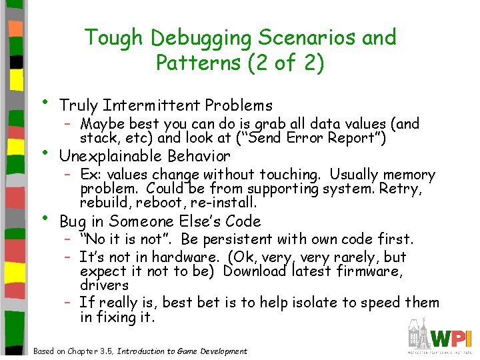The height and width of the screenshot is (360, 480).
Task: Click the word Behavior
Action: [198, 157]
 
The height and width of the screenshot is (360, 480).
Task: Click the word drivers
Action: [104, 285]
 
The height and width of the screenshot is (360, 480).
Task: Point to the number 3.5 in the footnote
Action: [105, 351]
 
